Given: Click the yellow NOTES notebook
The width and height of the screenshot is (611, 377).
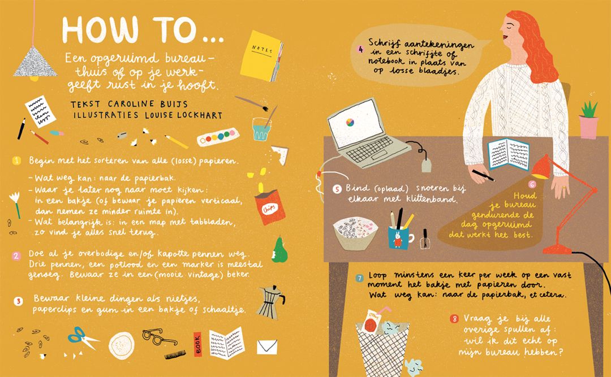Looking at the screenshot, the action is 261,56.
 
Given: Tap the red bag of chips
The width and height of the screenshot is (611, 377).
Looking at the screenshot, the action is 270,207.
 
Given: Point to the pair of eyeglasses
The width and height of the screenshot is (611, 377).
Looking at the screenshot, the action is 158,337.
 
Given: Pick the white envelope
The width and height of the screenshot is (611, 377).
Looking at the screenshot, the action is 267,346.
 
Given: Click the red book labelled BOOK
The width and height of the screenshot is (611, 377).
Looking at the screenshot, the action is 197,344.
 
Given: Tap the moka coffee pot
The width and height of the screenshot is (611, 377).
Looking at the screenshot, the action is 270,302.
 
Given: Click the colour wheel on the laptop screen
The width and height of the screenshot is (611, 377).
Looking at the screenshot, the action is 350,123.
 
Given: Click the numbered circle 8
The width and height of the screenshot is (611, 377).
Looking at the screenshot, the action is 454,319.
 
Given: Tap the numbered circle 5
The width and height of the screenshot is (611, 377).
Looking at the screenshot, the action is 337,189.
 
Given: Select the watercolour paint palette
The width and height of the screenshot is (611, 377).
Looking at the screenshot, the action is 217,137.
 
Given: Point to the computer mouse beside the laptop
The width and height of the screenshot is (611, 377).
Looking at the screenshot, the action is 427,165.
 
